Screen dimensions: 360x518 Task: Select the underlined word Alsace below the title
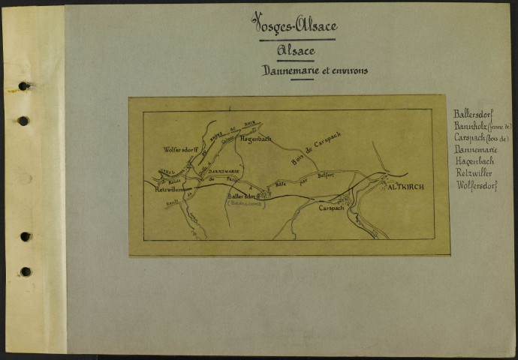click(295, 51)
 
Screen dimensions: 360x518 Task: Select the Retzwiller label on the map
click(170, 190)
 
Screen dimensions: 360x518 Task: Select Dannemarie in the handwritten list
click(474, 149)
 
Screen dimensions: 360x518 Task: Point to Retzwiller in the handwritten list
click(473, 173)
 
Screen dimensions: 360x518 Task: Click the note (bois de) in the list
click(498, 138)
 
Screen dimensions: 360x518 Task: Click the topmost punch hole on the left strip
click(24, 86)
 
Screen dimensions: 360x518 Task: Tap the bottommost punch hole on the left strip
click(26, 271)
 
